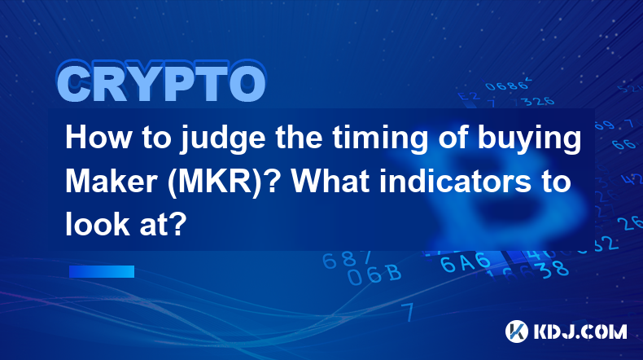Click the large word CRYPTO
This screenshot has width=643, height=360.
click(162, 82)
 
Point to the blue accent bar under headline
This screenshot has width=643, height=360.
click(102, 271)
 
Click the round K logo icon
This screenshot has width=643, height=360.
click(517, 331)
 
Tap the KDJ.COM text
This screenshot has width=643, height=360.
click(580, 331)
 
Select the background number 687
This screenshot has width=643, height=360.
click(347, 259)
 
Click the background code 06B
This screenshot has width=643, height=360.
click(374, 274)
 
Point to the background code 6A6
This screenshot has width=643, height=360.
click(466, 262)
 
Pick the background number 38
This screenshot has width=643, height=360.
click(555, 270)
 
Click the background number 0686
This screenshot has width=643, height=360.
click(507, 86)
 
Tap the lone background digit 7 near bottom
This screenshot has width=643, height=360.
click(408, 312)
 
